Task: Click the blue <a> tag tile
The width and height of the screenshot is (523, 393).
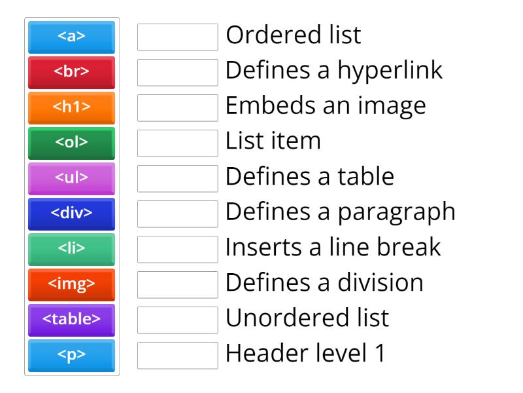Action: pyautogui.click(x=71, y=37)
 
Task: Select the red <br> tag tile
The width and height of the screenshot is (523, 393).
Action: pyautogui.click(x=71, y=72)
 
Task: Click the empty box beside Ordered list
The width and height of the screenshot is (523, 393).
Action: pyautogui.click(x=177, y=37)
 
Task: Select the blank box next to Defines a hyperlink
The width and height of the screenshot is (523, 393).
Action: pyautogui.click(x=177, y=72)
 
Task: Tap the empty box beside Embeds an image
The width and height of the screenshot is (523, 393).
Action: pyautogui.click(x=177, y=107)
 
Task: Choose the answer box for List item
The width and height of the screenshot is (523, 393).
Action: pyautogui.click(x=177, y=143)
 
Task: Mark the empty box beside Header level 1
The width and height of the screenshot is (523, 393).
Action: pyautogui.click(x=177, y=355)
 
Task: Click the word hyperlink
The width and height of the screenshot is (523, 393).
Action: pyautogui.click(x=390, y=71)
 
